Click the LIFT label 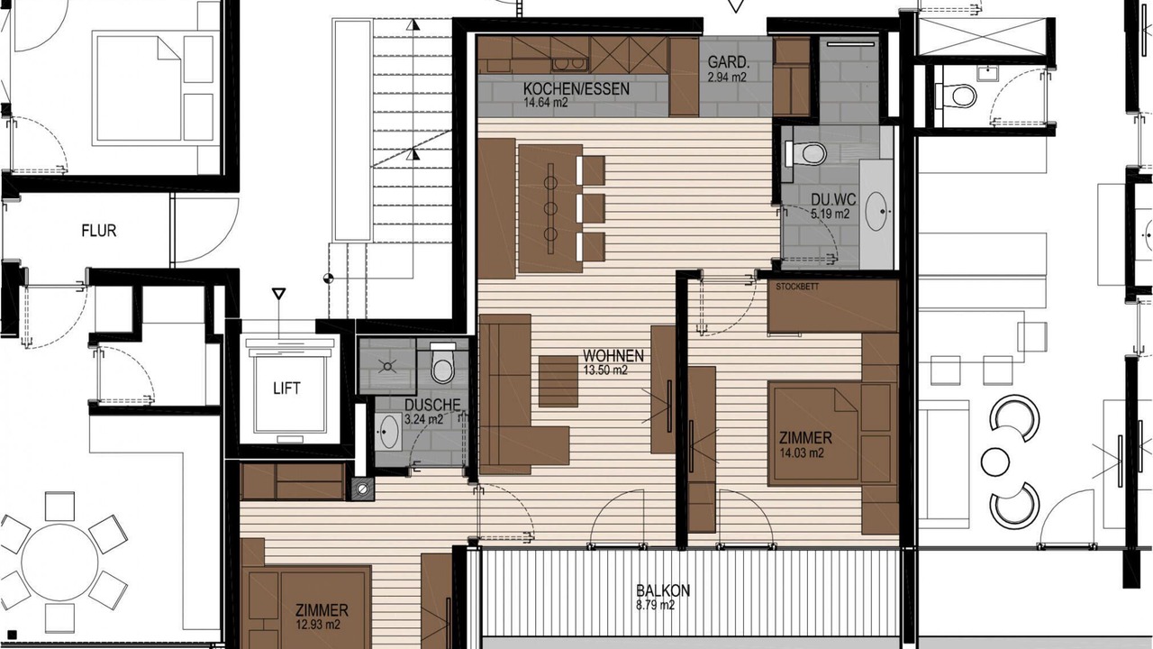coord(286,388)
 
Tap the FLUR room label coord(99,230)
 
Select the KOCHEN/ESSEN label coord(576,88)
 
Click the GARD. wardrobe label coord(729,62)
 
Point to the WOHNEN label coord(613,356)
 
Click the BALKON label coord(662,590)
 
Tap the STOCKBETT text coord(797,287)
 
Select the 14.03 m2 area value coord(801,453)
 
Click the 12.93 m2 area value coord(318,625)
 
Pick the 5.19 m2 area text coord(830,214)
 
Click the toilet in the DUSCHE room coord(442,363)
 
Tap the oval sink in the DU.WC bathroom coord(876,211)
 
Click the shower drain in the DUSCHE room coord(387,366)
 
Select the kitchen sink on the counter coord(569,64)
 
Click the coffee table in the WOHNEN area coord(558,381)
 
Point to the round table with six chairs coord(59,562)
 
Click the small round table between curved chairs coord(995,462)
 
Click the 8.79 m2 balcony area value coord(655,605)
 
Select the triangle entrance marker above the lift coord(278,294)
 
